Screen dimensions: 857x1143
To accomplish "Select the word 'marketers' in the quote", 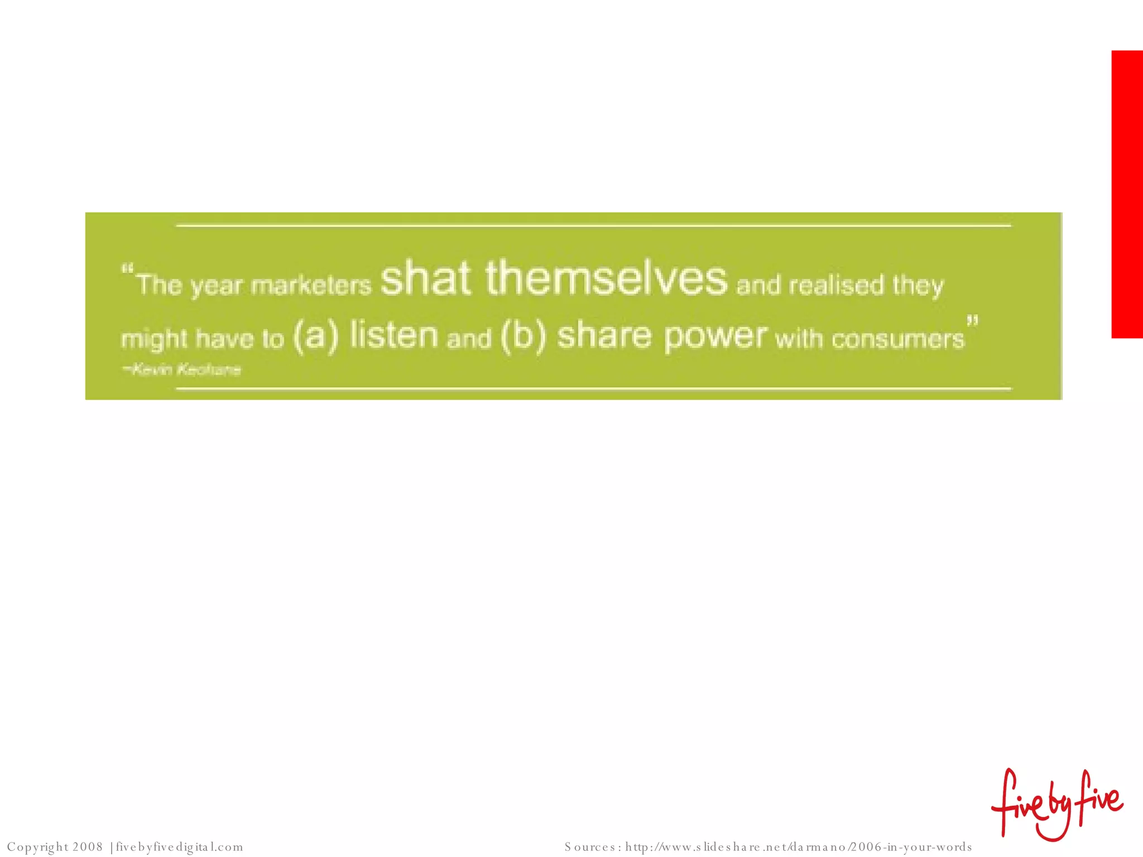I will [x=311, y=286].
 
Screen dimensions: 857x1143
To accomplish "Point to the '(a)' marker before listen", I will [x=316, y=336].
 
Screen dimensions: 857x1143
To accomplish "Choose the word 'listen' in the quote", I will [x=394, y=335].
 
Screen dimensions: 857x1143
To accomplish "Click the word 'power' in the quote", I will [x=715, y=336].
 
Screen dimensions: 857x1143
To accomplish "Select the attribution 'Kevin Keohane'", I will [x=183, y=369].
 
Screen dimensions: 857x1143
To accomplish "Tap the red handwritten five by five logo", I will [x=1057, y=805].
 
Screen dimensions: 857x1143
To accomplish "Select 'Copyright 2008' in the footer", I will [x=55, y=847].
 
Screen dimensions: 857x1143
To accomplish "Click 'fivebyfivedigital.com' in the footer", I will [x=179, y=847].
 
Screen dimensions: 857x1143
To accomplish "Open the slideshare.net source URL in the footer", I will [x=798, y=847].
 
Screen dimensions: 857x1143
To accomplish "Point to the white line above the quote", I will [x=593, y=225].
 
